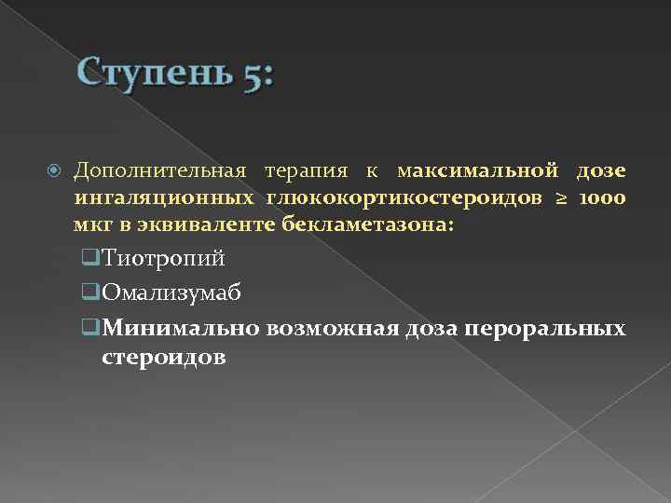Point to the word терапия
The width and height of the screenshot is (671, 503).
[307, 172]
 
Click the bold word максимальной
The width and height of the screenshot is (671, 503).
[477, 172]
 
